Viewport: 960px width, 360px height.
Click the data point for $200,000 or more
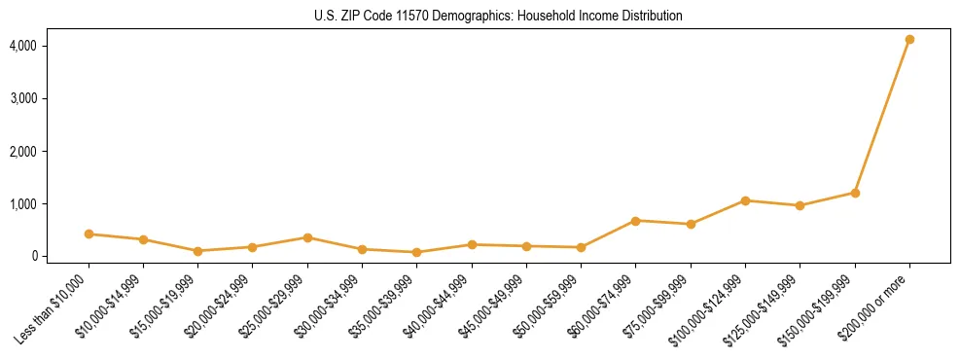[x=909, y=40]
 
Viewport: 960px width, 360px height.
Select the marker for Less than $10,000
[x=89, y=234]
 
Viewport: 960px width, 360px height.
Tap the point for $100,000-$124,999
[x=745, y=201]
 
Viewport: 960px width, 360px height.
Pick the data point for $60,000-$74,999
[x=635, y=221]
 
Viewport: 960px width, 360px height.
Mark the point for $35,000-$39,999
[x=416, y=253]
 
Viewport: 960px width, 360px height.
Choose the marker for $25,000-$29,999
[x=307, y=237]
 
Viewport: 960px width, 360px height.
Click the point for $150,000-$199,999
[x=855, y=193]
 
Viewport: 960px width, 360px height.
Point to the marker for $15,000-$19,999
[x=197, y=251]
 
